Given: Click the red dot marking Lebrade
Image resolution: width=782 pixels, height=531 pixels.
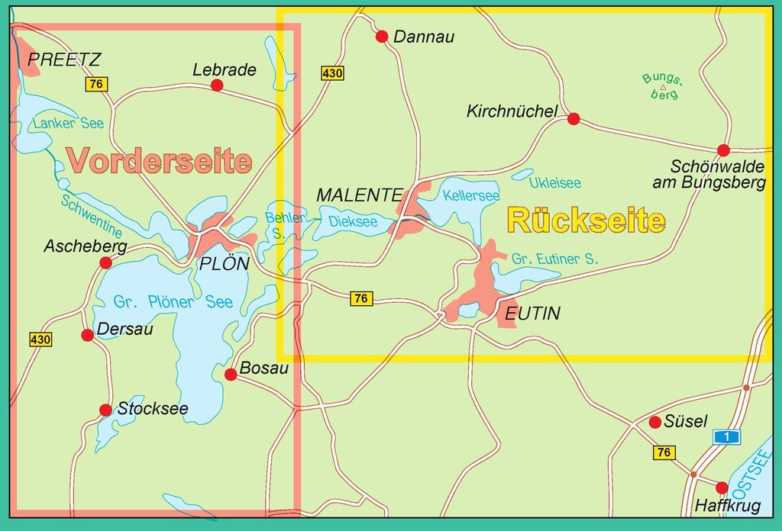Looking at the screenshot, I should click(x=217, y=85).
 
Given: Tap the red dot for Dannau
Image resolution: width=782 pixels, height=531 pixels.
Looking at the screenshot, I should click(x=383, y=37).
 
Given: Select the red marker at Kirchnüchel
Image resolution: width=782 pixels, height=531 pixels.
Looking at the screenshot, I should click(x=574, y=119).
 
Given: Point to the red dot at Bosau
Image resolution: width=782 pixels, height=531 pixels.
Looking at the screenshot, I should click(x=231, y=374).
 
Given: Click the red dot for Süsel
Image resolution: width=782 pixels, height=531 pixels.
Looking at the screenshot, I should click(x=654, y=422).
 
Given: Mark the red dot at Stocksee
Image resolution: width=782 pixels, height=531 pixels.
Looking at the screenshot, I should click(x=105, y=410).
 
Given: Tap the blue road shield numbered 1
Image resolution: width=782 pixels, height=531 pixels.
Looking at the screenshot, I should click(x=728, y=436).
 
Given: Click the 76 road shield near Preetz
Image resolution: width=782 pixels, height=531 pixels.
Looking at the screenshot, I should click(x=95, y=85).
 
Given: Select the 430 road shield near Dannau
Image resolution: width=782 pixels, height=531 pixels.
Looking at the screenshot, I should click(x=332, y=74).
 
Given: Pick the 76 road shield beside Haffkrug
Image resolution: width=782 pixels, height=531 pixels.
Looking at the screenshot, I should click(x=664, y=453).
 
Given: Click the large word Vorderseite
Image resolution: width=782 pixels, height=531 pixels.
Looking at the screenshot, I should click(x=159, y=161).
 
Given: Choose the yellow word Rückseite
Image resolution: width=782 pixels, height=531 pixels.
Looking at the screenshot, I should click(x=586, y=221).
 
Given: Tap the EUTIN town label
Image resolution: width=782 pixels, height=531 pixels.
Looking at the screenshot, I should click(x=532, y=314).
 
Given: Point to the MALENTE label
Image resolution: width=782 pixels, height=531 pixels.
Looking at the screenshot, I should click(x=359, y=195).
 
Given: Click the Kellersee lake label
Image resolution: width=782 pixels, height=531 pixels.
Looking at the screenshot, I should click(x=471, y=196).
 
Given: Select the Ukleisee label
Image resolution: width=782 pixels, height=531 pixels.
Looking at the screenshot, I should click(x=555, y=183).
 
